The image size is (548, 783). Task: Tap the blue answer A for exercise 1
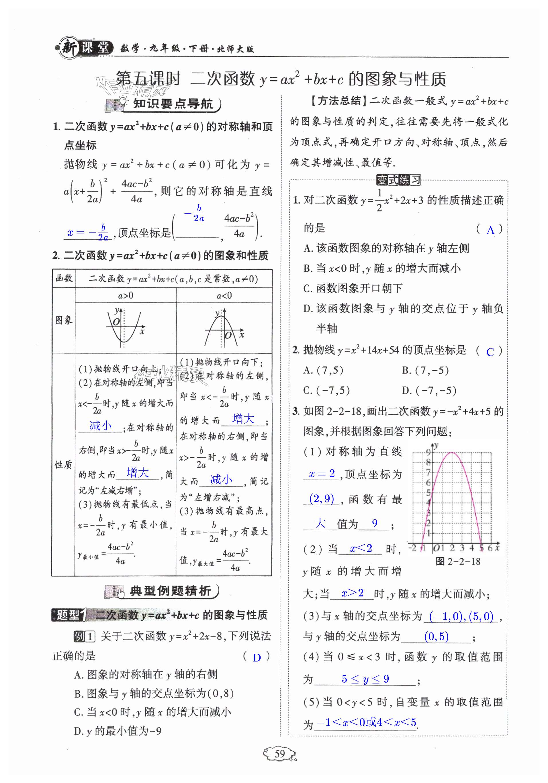click(490, 230)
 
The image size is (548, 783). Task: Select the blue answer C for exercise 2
click(490, 352)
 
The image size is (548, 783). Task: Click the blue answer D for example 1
click(257, 657)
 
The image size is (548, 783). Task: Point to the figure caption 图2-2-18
click(458, 561)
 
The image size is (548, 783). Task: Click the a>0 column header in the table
click(126, 295)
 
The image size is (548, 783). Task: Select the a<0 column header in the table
click(224, 295)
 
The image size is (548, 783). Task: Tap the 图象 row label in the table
click(63, 320)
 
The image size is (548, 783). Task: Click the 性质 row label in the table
click(63, 465)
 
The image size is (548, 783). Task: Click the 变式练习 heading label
click(398, 180)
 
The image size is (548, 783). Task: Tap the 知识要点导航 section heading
click(172, 104)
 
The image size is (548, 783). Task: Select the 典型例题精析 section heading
click(170, 591)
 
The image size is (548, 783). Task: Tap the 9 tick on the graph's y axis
click(428, 453)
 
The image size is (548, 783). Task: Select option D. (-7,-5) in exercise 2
click(429, 390)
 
